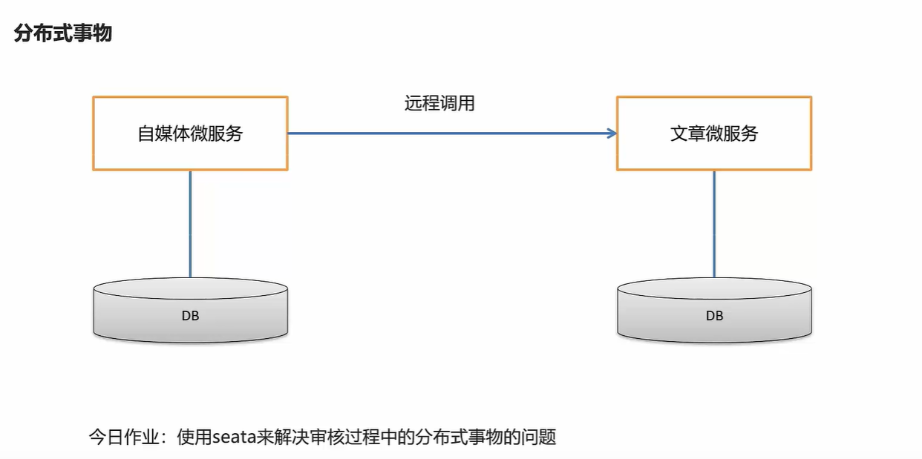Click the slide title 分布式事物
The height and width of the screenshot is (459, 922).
63,33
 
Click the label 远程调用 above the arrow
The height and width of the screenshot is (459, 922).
439,104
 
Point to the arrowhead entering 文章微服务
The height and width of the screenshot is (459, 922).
612,133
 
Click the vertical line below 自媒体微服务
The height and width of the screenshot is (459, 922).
190,222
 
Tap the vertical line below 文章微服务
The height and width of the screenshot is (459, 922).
714,222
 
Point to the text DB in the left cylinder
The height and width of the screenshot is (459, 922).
190,316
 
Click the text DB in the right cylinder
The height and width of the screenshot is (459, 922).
714,316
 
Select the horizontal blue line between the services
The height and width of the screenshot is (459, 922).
445,133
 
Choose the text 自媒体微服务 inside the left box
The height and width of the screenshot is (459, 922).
190,133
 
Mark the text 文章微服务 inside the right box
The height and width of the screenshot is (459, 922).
714,133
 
